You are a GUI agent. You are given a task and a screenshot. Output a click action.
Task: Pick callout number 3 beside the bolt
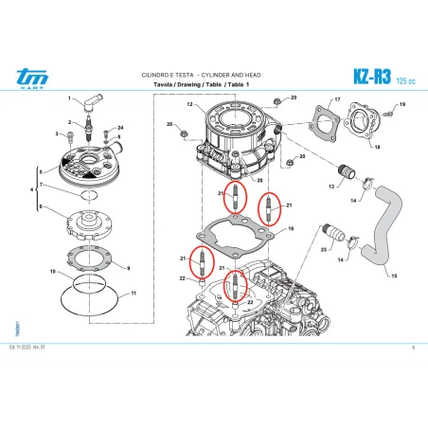58,134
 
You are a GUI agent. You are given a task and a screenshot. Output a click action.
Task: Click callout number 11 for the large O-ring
133,294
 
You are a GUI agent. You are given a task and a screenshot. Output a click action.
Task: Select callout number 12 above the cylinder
189,101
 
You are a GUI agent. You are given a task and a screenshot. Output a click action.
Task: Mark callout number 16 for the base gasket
291,229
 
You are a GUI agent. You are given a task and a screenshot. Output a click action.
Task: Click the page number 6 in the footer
414,348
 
